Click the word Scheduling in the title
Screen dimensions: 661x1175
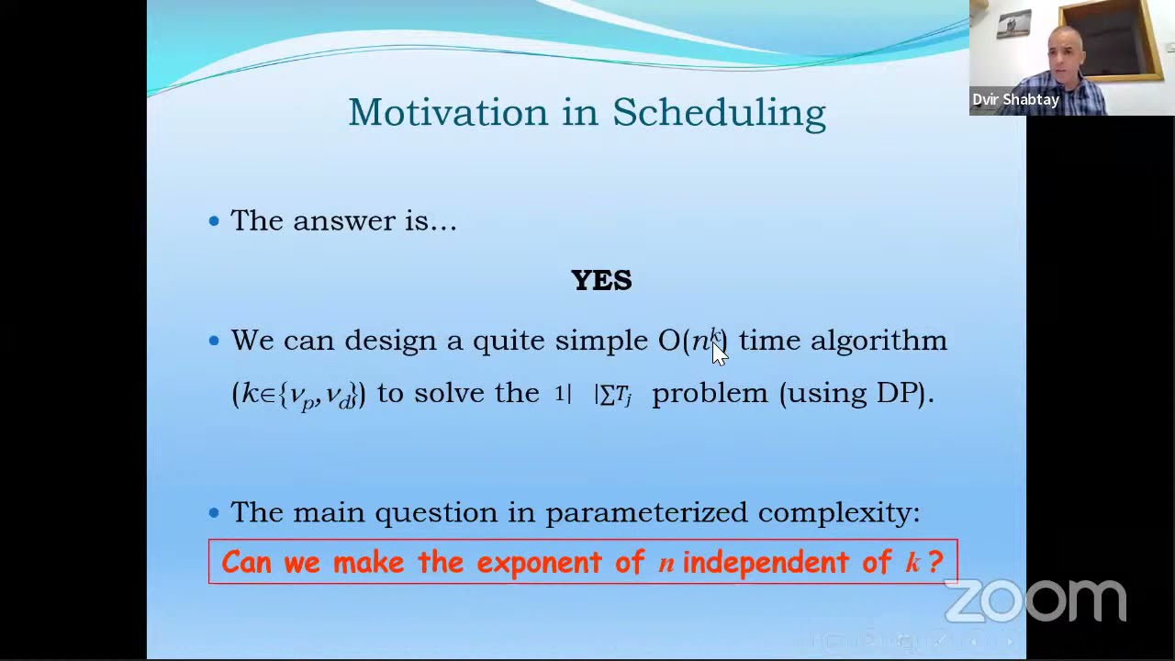pyautogui.click(x=719, y=112)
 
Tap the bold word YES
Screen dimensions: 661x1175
pyautogui.click(x=601, y=280)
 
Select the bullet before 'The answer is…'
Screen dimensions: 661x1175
pyautogui.click(x=214, y=220)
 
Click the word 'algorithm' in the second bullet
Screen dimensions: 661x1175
pyautogui.click(x=878, y=341)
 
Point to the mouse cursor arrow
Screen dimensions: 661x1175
pyautogui.click(x=718, y=354)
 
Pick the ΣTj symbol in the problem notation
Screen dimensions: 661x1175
pyautogui.click(x=616, y=395)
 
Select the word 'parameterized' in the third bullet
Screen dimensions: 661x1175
pyautogui.click(x=646, y=512)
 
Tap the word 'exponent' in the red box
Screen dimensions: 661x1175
pyautogui.click(x=540, y=562)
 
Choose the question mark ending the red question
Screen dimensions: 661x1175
pyautogui.click(x=935, y=562)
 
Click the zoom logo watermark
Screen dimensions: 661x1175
pyautogui.click(x=1035, y=601)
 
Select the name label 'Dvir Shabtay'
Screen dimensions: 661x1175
pyautogui.click(x=1015, y=99)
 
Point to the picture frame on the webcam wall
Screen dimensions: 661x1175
pyautogui.click(x=1014, y=25)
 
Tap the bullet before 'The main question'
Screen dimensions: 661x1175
pyautogui.click(x=214, y=512)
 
